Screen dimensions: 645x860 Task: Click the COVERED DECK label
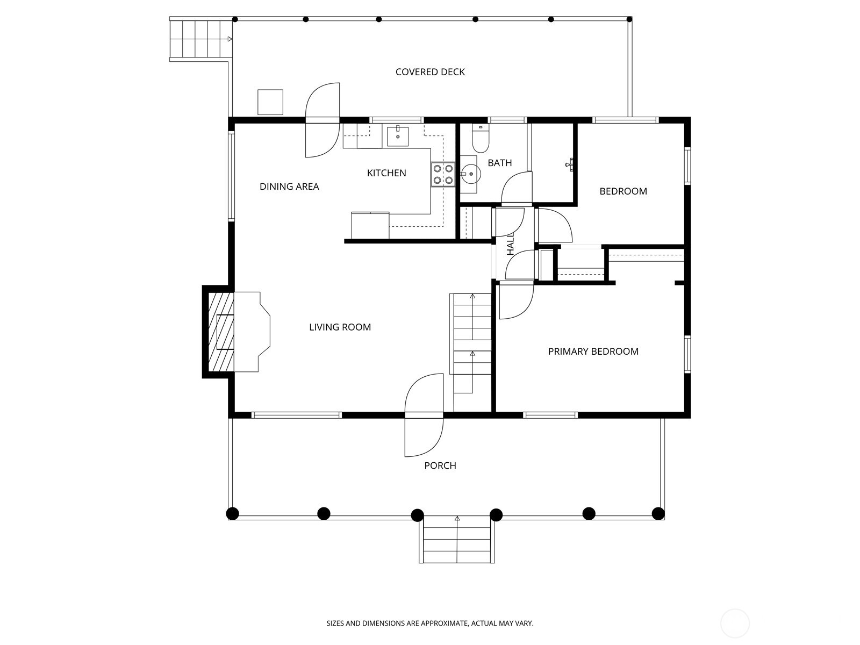pos(430,72)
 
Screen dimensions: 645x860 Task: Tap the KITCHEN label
pos(386,173)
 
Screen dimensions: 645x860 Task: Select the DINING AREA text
pos(289,187)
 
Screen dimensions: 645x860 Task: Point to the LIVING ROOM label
pos(340,327)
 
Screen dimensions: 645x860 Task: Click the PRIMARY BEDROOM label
pos(593,352)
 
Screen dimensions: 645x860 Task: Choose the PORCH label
pos(440,465)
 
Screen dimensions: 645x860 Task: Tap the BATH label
pos(499,163)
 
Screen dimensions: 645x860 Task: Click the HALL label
pos(511,243)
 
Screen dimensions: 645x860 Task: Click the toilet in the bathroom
pos(480,139)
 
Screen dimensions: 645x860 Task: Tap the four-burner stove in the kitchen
pos(443,175)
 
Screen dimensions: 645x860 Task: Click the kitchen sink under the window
pos(397,136)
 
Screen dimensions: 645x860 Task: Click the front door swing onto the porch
pos(424,435)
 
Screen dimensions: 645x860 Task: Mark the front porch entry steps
pos(457,540)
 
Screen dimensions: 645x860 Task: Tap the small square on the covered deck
pos(270,102)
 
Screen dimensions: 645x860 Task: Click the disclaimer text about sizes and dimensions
pos(430,623)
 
